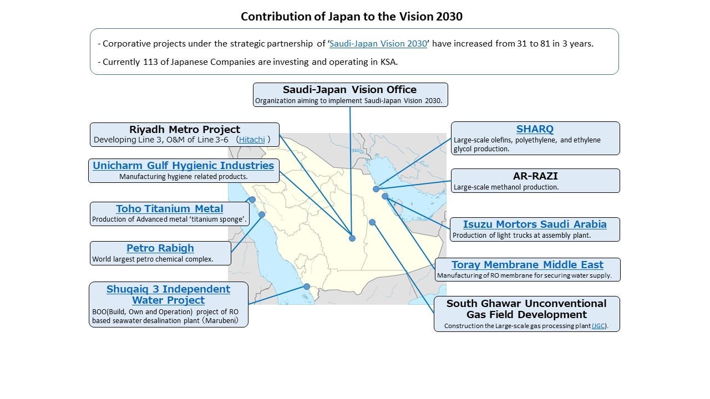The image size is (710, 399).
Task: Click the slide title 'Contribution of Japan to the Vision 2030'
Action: pyautogui.click(x=352, y=17)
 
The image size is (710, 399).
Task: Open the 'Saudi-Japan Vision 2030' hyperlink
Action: pyautogui.click(x=378, y=43)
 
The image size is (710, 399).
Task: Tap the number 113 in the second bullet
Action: pyautogui.click(x=150, y=62)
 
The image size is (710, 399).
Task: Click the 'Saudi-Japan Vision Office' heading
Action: pyautogui.click(x=349, y=90)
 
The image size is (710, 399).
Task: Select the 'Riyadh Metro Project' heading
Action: pyautogui.click(x=185, y=129)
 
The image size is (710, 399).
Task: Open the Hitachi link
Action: pyautogui.click(x=252, y=140)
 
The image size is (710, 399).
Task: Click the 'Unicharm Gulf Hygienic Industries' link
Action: pyautogui.click(x=183, y=165)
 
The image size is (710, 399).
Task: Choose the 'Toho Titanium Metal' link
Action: pyautogui.click(x=169, y=209)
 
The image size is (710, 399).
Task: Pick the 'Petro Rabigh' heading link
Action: pyautogui.click(x=160, y=248)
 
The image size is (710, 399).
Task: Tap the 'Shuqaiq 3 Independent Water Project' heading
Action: pyautogui.click(x=168, y=294)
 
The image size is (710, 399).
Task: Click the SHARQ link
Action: pyautogui.click(x=535, y=129)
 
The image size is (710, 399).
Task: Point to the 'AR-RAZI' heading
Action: pyautogui.click(x=535, y=176)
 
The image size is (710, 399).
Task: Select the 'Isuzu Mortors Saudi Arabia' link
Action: pyautogui.click(x=535, y=224)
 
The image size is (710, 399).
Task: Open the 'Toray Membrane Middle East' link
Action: pyautogui.click(x=527, y=264)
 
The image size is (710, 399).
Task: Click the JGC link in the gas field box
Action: pyautogui.click(x=599, y=326)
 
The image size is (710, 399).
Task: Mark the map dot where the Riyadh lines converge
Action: pyautogui.click(x=352, y=238)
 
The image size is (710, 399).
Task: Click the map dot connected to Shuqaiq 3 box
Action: pyautogui.click(x=307, y=287)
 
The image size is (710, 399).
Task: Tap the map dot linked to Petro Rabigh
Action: pyautogui.click(x=262, y=214)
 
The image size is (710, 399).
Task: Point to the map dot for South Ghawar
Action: pyautogui.click(x=372, y=222)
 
